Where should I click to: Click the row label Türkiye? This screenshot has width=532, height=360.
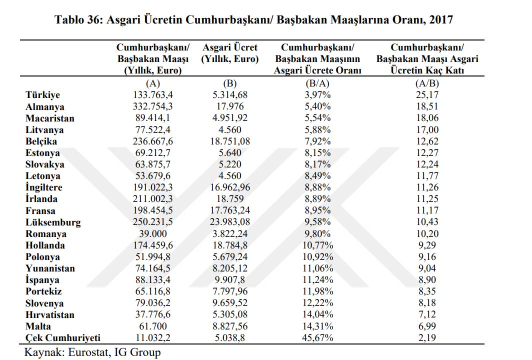pos(42,95)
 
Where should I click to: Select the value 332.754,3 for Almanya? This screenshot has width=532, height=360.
pos(152,106)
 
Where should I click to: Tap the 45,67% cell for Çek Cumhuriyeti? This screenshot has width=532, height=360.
pos(317,338)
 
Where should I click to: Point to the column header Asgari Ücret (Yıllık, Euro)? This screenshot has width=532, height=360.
pos(230,53)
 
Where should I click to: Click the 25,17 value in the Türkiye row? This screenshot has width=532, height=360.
pos(427,95)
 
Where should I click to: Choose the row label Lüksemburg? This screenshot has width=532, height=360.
pos(53,222)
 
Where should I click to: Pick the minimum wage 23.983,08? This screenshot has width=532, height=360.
pos(230,222)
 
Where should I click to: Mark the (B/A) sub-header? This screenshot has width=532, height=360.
pos(317,83)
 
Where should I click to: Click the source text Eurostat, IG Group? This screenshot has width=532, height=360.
pos(114,352)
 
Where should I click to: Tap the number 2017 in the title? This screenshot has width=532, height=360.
pos(440,19)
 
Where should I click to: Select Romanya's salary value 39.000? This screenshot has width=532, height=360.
pos(152,234)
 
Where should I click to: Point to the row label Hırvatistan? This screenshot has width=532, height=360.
pos(50,315)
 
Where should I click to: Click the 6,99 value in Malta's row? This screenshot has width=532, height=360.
pos(427,326)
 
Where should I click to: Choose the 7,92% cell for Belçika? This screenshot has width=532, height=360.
pos(317,141)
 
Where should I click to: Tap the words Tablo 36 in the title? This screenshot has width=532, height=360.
pos(77,19)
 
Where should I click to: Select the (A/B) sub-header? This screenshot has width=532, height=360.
pos(427,83)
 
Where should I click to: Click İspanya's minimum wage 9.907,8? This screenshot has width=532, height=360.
pos(230,280)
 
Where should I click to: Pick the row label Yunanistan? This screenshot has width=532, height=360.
pos(50,268)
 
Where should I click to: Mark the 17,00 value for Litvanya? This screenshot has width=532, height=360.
pos(427,129)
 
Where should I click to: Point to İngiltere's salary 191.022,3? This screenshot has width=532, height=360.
pos(152,187)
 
